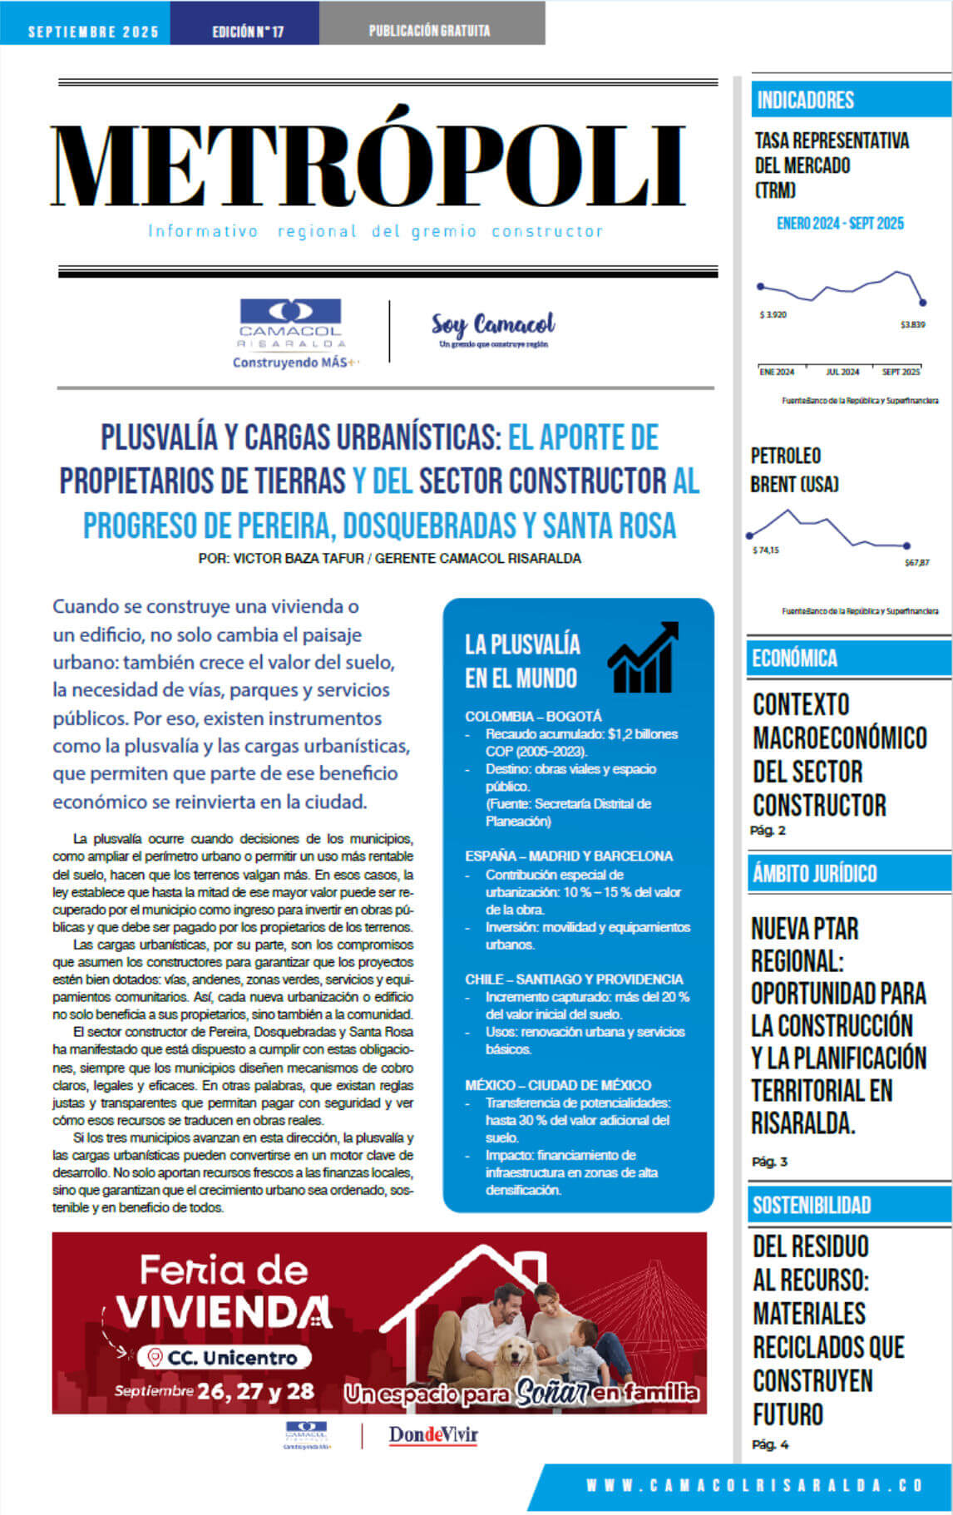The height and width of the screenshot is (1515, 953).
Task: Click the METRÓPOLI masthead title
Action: coord(368,166)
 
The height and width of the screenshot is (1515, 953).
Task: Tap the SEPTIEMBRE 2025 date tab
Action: coord(92,32)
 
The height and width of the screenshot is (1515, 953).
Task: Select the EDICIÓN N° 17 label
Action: coord(247,32)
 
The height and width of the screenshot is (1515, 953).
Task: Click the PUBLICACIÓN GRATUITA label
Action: coord(429,31)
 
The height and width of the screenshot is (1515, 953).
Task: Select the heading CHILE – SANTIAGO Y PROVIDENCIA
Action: coord(574,979)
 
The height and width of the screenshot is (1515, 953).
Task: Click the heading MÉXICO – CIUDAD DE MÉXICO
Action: coord(558,1084)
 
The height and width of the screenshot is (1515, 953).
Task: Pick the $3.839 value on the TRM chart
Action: coord(912,324)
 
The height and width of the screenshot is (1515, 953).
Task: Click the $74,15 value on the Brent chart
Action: coord(766,550)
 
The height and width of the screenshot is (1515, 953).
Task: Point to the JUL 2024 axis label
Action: coord(842,372)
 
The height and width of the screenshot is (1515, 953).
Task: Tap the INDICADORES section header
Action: coord(805,101)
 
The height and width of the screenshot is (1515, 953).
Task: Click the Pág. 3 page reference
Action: coord(769,1162)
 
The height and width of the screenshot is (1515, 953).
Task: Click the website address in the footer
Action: coord(754,1485)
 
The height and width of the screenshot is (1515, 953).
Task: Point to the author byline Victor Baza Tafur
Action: coord(389,558)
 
